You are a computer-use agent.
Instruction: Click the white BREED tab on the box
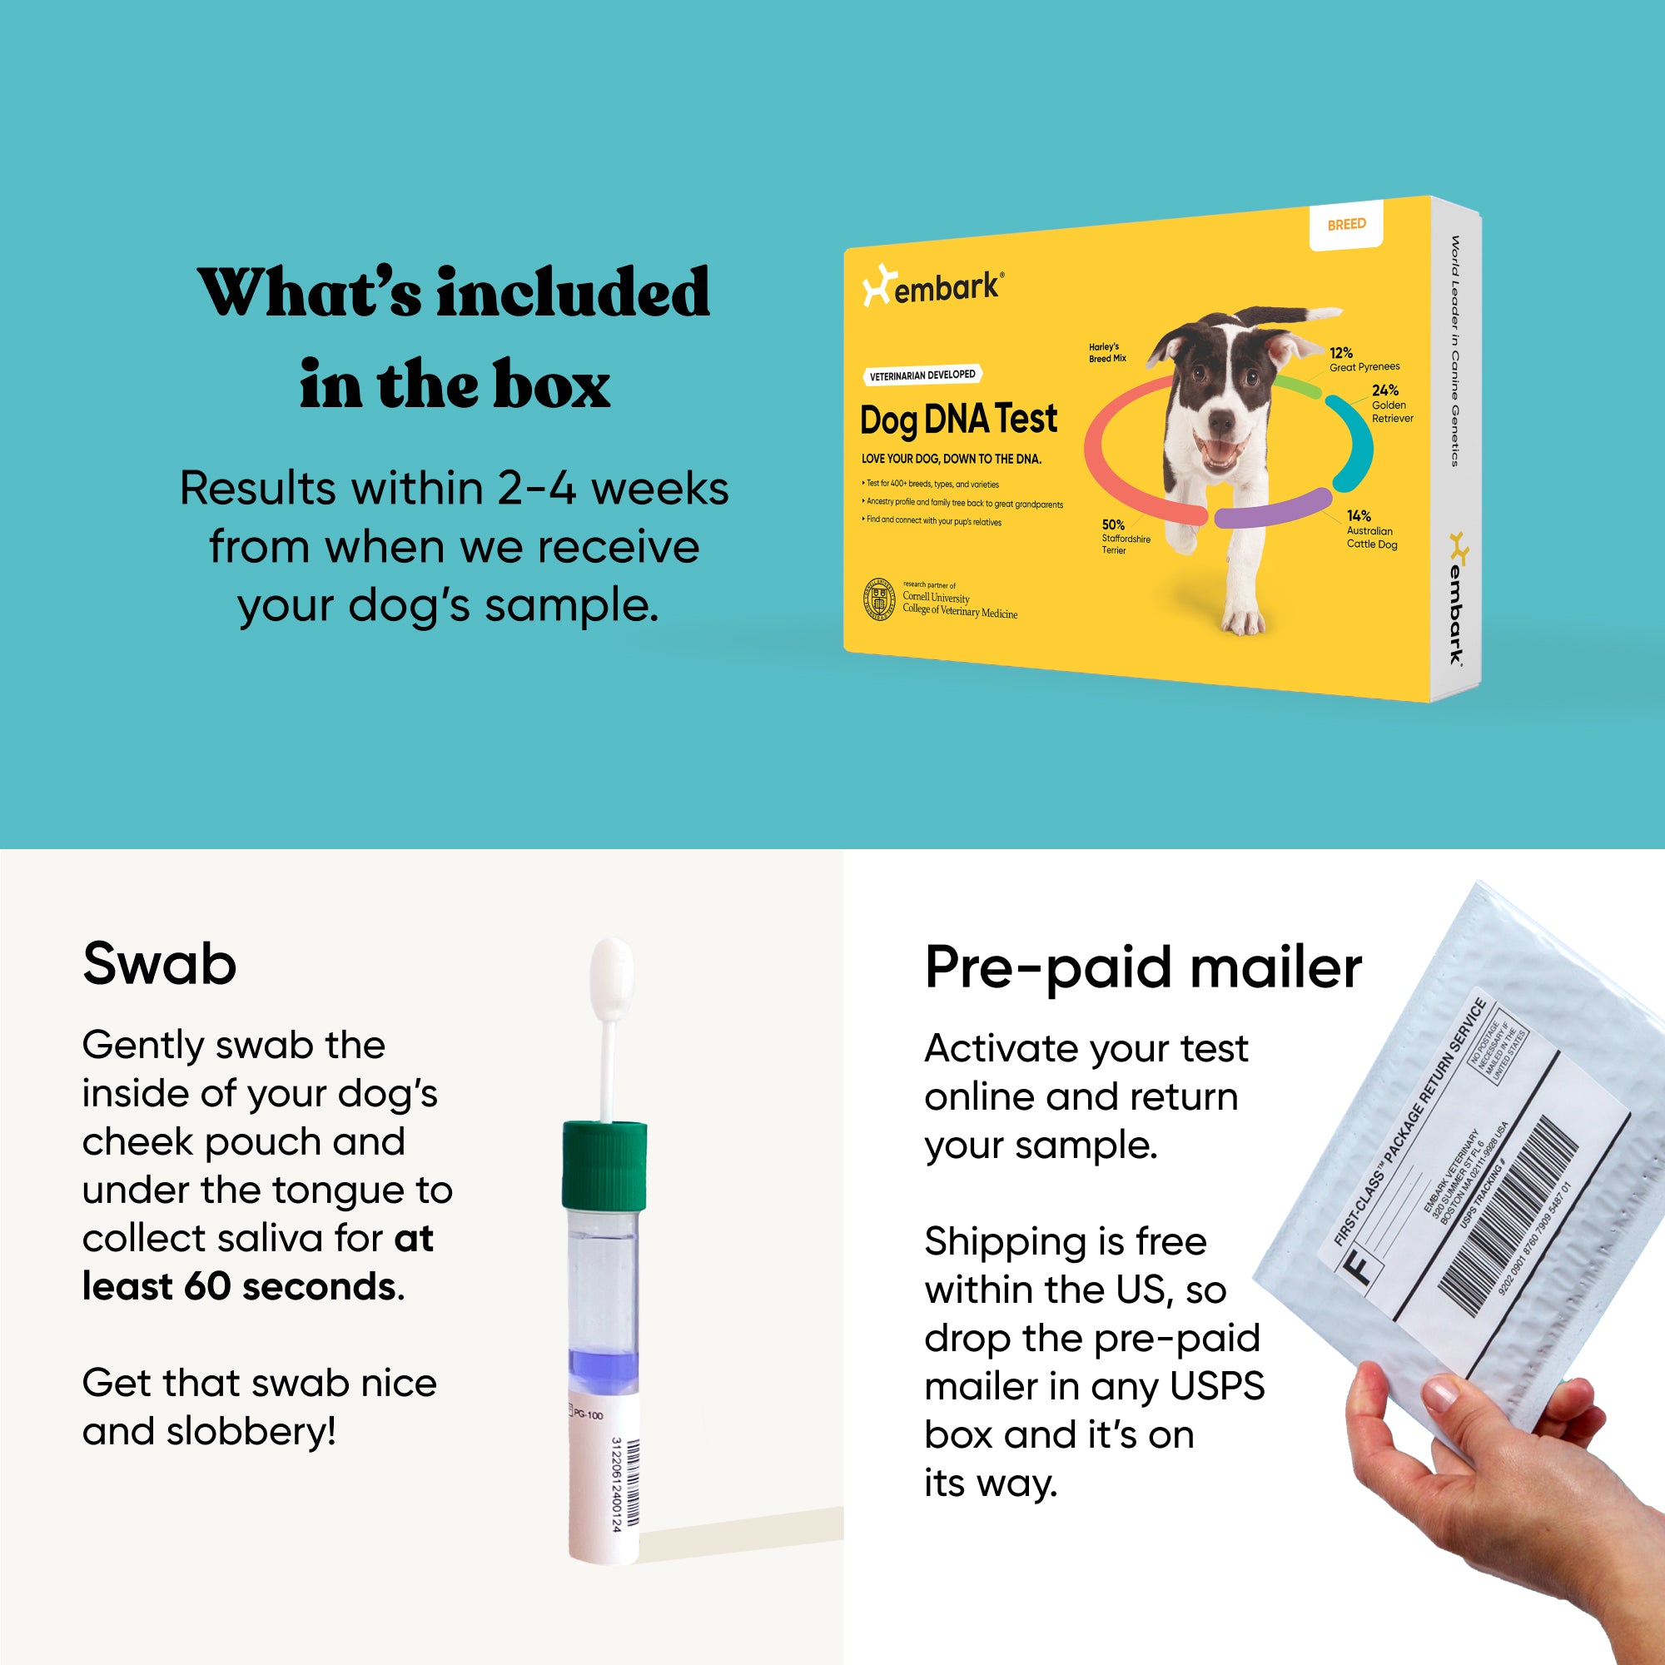pyautogui.click(x=1346, y=225)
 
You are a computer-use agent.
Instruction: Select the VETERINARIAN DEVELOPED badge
pyautogui.click(x=922, y=375)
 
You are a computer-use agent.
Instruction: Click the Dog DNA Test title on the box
pyautogui.click(x=958, y=420)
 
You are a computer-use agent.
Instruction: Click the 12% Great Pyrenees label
pyautogui.click(x=1363, y=360)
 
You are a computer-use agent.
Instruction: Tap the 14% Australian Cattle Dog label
pyautogui.click(x=1371, y=529)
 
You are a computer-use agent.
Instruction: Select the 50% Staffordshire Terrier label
pyautogui.click(x=1125, y=537)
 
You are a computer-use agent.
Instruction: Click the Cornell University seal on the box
pyautogui.click(x=879, y=599)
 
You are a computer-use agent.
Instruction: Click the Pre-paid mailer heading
pyautogui.click(x=1143, y=967)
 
